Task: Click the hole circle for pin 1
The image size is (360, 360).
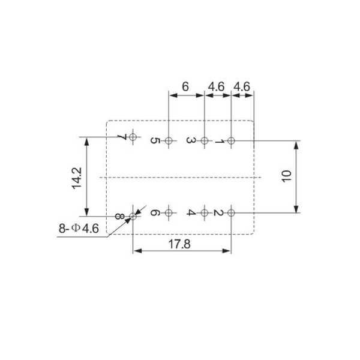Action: coord(231,140)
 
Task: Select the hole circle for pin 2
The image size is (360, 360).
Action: coord(231,213)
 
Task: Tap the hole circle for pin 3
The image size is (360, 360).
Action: coord(205,140)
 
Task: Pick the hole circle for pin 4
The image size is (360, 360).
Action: coord(205,213)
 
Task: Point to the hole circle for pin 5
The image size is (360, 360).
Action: coord(169,140)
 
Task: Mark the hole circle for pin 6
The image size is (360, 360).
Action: coord(169,213)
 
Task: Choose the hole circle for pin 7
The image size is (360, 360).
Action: coord(133,137)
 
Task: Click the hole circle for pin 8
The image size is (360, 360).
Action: coord(133,216)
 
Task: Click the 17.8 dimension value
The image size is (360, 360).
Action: coord(179,244)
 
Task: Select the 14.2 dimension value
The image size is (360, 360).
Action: coord(77,178)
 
